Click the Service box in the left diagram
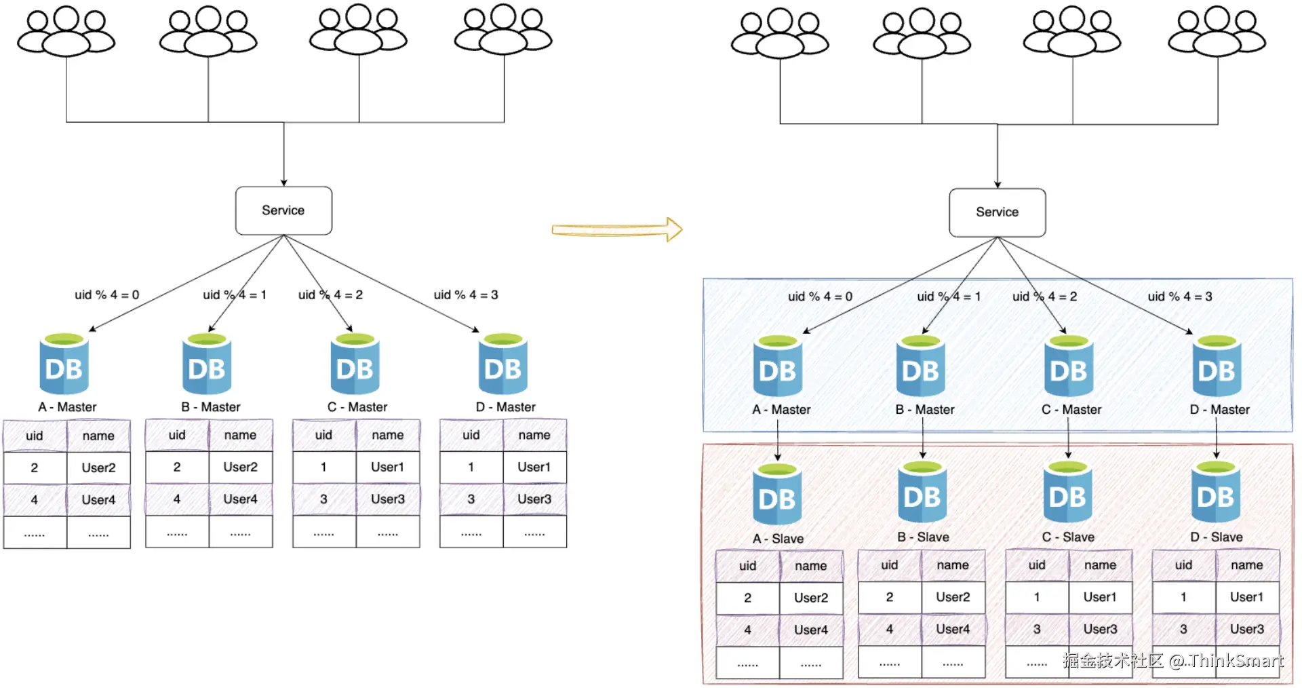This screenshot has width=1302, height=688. (283, 210)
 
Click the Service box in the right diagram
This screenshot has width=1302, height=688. (997, 212)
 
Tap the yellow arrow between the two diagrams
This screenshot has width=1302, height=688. (616, 229)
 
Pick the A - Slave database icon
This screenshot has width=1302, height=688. (777, 496)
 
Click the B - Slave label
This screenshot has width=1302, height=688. (923, 537)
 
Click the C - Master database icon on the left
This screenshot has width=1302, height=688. (355, 364)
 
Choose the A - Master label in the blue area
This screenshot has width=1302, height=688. (781, 410)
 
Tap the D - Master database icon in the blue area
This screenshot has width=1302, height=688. (1217, 366)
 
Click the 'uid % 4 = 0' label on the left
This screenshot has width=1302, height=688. (106, 295)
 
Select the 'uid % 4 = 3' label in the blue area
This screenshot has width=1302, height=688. (1180, 297)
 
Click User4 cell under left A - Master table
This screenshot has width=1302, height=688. (98, 500)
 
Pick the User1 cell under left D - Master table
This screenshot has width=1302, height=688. (534, 467)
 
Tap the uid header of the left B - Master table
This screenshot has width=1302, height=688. (177, 435)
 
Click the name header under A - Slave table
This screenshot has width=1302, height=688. (811, 566)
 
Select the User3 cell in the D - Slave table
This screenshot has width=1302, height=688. (1246, 629)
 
